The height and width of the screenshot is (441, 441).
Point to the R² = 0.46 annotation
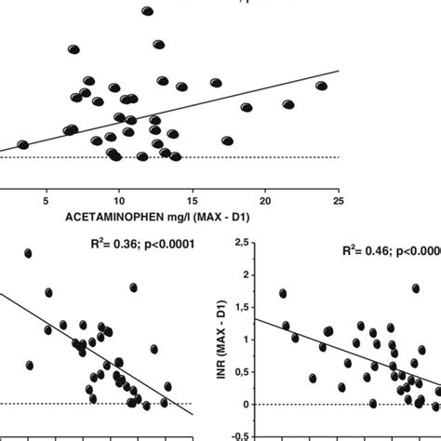click(x=367, y=250)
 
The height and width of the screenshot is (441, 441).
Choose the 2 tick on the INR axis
click(x=243, y=274)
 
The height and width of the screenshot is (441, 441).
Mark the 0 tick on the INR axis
click(x=243, y=405)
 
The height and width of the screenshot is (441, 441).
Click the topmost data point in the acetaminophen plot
click(x=147, y=11)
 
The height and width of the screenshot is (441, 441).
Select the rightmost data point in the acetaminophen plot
click(x=321, y=86)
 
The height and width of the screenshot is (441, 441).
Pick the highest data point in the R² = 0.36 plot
click(x=28, y=253)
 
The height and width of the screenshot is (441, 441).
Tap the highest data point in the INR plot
click(x=282, y=293)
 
